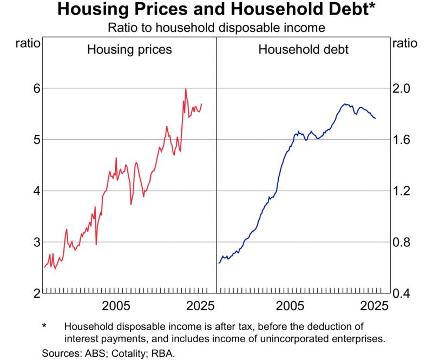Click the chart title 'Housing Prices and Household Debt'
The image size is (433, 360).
point(216,10)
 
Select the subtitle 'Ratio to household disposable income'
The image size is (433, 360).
point(216,27)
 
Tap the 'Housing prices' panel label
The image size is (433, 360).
point(130,50)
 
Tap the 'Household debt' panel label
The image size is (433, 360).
point(303,50)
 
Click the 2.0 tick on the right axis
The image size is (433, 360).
point(404,88)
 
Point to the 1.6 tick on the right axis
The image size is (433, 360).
point(404,140)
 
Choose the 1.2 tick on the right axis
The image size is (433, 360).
point(404,191)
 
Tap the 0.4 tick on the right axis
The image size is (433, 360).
point(404,293)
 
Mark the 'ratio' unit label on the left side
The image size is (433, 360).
point(27,44)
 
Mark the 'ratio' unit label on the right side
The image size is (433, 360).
point(405,44)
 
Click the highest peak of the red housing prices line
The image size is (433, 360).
point(186,89)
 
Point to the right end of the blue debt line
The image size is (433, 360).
point(375,119)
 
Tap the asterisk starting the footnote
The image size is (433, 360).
point(45,327)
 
